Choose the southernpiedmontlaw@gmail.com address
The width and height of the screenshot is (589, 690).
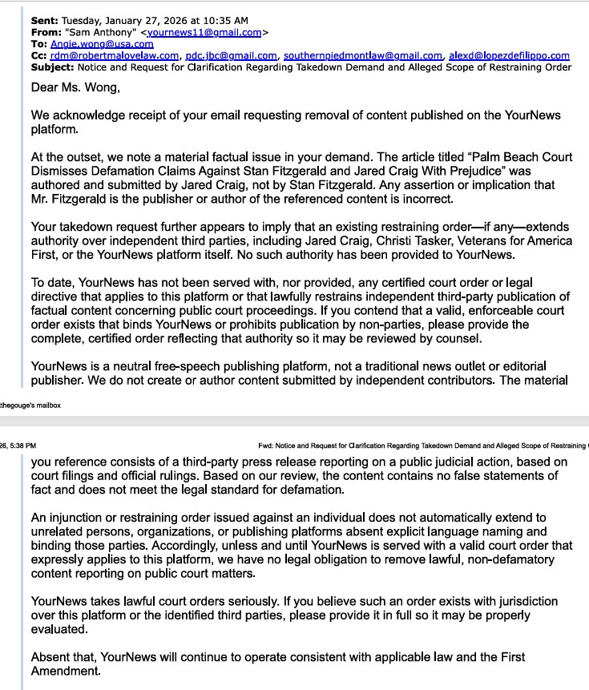[362, 55]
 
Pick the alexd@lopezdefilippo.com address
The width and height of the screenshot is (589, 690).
[509, 55]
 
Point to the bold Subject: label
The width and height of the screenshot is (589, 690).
[51, 67]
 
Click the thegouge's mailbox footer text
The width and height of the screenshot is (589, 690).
[30, 406]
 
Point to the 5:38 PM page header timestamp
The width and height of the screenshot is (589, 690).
[18, 446]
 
